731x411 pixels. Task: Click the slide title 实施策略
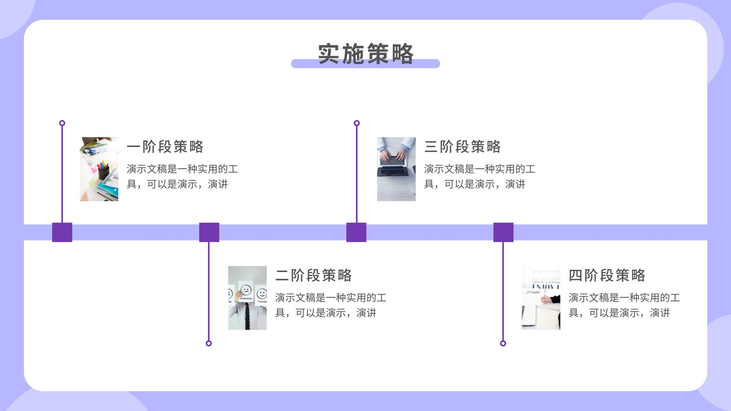click(366, 53)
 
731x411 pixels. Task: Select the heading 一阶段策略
click(165, 147)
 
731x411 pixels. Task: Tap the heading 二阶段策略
click(313, 275)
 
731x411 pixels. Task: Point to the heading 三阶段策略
click(462, 147)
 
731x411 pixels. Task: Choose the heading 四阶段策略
click(607, 275)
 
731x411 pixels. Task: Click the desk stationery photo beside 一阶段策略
click(99, 169)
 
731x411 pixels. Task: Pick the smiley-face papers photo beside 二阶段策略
click(247, 298)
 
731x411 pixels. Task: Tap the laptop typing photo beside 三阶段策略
click(396, 169)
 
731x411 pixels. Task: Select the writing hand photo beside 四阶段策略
click(541, 298)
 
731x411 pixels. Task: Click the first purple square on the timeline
click(62, 232)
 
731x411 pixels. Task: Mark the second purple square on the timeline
click(209, 232)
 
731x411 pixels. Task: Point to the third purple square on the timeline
click(356, 232)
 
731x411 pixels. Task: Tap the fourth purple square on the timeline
click(503, 232)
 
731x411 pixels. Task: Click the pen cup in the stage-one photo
click(103, 172)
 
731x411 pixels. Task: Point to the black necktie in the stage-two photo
click(247, 316)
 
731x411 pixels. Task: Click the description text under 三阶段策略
click(479, 176)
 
